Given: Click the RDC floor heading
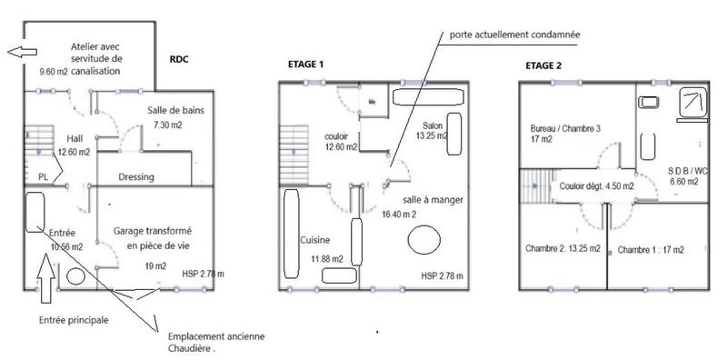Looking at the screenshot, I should pyautogui.click(x=180, y=60).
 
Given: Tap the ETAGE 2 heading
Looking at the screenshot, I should pyautogui.click(x=543, y=65).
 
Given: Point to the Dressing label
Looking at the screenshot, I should pyautogui.click(x=135, y=177).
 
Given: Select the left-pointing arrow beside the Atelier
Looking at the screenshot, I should pyautogui.click(x=15, y=54).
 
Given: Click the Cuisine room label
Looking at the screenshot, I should pyautogui.click(x=314, y=240).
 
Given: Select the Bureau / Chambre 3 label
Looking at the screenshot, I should pyautogui.click(x=566, y=128).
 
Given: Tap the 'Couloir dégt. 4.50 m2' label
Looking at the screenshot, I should pyautogui.click(x=596, y=185).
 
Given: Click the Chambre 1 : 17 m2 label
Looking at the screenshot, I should pyautogui.click(x=651, y=249).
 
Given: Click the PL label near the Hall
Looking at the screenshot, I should pyautogui.click(x=43, y=177).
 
